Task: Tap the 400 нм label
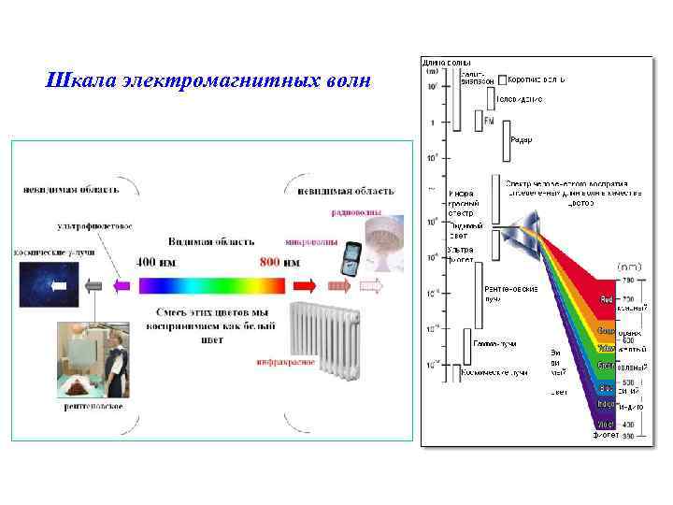click(x=160, y=262)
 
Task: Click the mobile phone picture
click(x=351, y=255)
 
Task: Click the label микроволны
click(x=311, y=239)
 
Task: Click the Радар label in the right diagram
click(x=522, y=140)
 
